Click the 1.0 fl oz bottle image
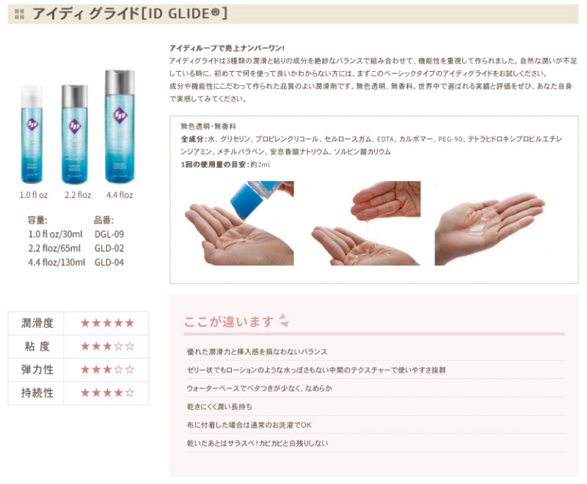tap(32, 134)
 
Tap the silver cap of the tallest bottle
tap(120, 81)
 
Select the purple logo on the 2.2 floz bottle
tap(75, 126)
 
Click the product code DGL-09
tap(109, 234)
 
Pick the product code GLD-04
tap(109, 263)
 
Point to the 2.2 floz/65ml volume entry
tap(54, 249)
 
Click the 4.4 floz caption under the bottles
tap(120, 195)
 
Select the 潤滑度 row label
tap(37, 323)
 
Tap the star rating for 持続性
tap(107, 393)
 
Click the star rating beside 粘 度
tap(107, 346)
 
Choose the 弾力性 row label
tap(37, 370)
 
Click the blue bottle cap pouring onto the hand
tap(247, 200)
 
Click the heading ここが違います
tap(229, 322)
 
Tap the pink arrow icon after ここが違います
tap(284, 320)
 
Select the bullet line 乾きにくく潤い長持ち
tap(219, 406)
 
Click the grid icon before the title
tap(19, 14)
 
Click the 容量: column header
tap(37, 220)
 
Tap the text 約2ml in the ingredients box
tap(260, 164)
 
